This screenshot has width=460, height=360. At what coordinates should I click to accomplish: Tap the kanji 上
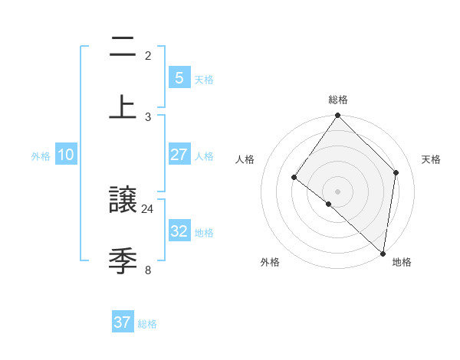123,106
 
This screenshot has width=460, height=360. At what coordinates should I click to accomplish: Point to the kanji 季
123,261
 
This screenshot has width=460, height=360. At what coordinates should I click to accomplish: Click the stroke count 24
148,208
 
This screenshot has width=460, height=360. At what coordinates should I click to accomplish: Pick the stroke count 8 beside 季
148,269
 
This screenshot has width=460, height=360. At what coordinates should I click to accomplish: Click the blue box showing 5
179,77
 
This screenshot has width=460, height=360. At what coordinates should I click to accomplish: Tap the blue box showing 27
179,155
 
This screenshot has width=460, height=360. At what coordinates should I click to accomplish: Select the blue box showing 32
179,231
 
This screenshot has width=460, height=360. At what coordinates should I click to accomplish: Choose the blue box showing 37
123,322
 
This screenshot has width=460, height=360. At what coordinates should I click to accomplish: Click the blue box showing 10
66,155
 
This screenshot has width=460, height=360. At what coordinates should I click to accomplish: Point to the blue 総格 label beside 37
147,324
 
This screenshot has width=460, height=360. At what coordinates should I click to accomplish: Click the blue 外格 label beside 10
41,156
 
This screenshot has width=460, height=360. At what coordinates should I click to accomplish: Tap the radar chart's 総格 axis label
338,100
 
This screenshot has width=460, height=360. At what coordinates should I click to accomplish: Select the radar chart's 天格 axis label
431,159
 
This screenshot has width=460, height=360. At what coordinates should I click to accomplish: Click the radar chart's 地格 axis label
402,263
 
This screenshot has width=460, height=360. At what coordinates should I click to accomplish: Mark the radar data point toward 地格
383,253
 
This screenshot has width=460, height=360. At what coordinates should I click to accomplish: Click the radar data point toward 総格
338,116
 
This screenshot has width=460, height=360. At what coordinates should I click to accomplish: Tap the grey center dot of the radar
338,191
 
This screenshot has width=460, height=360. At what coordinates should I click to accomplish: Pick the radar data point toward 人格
294,177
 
